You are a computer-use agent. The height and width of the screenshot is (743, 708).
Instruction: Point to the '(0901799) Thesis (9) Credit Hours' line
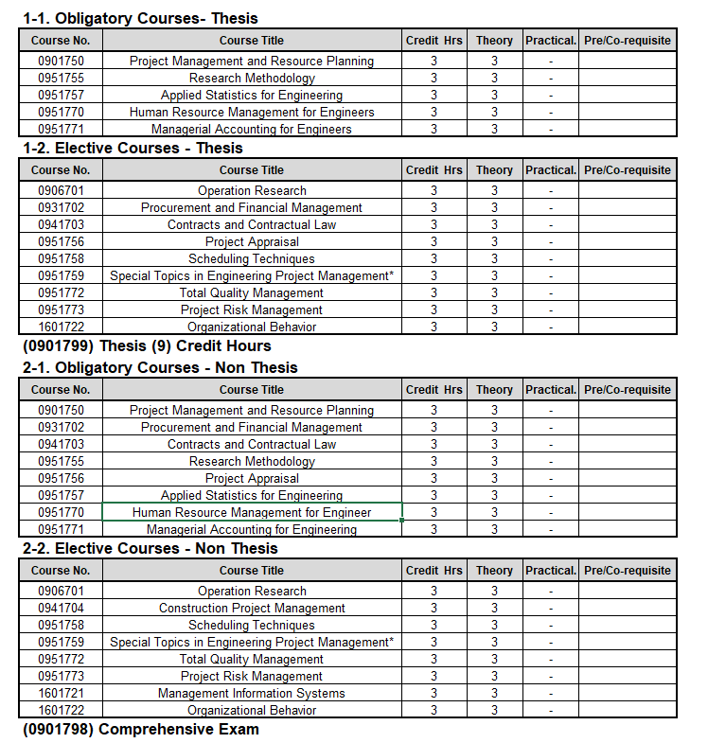[x=147, y=345]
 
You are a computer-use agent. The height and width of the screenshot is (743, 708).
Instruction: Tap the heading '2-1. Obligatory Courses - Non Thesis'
[x=160, y=367]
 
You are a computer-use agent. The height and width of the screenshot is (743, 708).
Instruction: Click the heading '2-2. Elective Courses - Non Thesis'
[x=150, y=548]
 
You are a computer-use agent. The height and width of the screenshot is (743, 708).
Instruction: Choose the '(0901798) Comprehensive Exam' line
[x=140, y=729]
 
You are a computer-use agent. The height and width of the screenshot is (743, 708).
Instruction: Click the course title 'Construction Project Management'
[x=252, y=608]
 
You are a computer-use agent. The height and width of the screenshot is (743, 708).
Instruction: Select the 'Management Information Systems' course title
[x=252, y=693]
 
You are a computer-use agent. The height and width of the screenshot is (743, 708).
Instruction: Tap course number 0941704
[x=61, y=608]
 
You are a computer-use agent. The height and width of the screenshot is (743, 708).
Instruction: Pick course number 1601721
[x=61, y=693]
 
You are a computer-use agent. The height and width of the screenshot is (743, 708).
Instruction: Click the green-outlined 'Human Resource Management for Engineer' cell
[x=252, y=512]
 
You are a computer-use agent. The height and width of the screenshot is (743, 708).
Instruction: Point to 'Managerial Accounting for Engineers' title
[x=252, y=129]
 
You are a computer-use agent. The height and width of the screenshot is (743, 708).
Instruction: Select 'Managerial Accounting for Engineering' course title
[x=252, y=529]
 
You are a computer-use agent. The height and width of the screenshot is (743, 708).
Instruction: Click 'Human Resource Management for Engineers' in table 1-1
[x=252, y=112]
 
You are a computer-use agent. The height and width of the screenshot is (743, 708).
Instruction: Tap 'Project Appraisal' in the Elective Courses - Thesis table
[x=252, y=241]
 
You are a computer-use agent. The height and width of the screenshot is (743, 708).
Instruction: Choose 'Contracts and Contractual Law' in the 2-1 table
[x=252, y=444]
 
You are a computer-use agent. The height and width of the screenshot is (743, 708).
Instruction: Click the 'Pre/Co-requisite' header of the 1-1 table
[x=628, y=41]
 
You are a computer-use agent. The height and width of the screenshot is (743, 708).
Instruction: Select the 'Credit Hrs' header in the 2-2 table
[x=434, y=571]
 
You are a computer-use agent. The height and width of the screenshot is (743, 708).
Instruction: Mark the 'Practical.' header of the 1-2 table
[x=551, y=170]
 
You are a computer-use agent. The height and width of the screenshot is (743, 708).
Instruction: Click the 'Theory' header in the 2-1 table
[x=494, y=389]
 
